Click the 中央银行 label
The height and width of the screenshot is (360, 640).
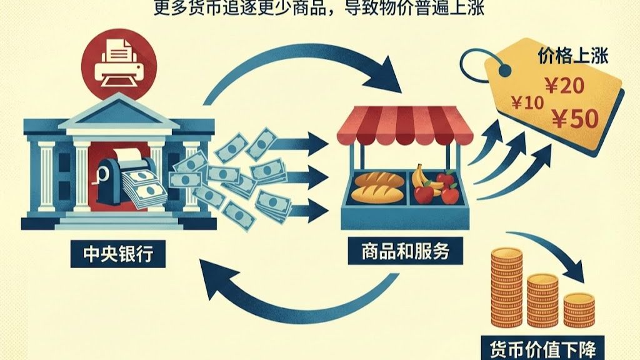pos(118,255)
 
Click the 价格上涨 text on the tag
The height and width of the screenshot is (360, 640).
pos(573,56)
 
